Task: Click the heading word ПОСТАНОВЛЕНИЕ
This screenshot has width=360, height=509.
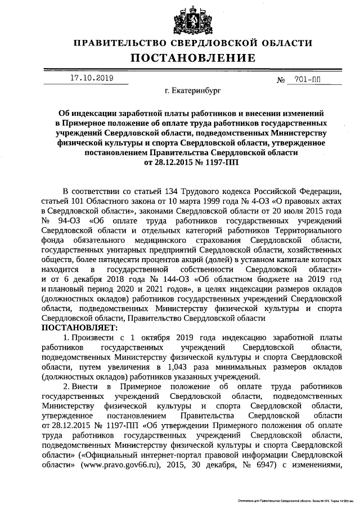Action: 193,58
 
